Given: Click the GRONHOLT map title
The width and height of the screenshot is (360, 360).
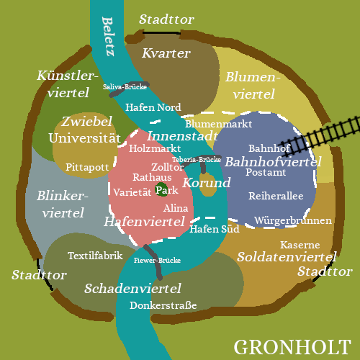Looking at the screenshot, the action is tap(292, 347).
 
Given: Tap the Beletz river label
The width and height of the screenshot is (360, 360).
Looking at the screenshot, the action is tap(108, 37).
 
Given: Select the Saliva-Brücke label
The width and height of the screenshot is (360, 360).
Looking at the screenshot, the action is tap(125, 86).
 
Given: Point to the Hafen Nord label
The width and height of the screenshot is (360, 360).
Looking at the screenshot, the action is tap(153, 107).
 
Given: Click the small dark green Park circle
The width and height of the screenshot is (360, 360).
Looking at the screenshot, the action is tap(161, 189).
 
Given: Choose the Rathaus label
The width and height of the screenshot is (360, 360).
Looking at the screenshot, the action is tap(152, 177).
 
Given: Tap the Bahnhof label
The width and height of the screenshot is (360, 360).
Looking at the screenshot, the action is tap(269, 148).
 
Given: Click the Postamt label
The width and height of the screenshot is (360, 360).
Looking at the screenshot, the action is tap(266, 172).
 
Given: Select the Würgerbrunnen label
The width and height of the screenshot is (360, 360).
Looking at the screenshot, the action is tap(293, 220).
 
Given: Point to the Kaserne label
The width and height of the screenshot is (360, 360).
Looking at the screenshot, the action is tap(300, 245).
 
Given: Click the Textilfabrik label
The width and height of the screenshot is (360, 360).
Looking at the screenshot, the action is tap(95, 256).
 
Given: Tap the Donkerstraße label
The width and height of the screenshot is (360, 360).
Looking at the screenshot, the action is tap(163, 305).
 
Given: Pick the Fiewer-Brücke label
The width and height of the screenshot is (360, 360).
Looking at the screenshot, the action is tap(157, 260).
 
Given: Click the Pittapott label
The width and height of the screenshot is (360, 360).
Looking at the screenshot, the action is tap(87, 167).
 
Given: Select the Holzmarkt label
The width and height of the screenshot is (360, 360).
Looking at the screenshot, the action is tap(155, 148).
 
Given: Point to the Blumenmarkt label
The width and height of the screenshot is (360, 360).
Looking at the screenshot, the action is tap(218, 124).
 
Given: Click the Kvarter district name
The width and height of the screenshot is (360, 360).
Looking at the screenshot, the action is tap(166, 53).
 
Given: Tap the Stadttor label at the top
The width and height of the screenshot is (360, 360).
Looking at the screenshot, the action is tap(166, 19).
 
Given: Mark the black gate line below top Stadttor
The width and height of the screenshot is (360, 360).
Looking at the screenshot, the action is tap(161, 32).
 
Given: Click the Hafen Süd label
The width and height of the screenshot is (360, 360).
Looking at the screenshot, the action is tap(215, 229).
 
